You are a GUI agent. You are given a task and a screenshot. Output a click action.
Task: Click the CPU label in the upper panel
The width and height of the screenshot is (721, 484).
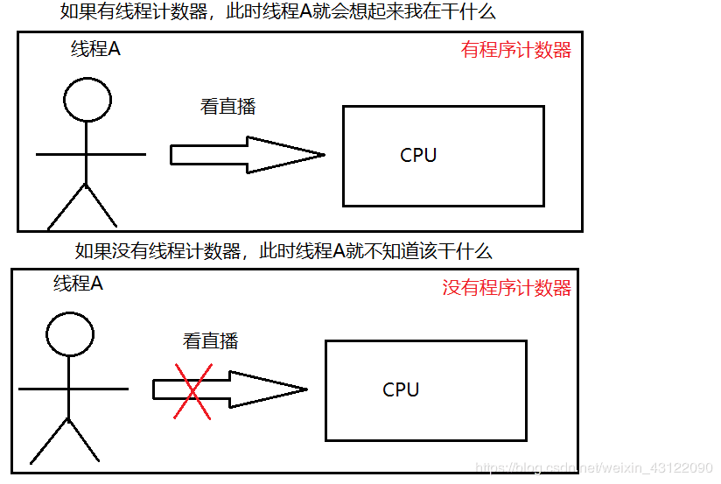418,156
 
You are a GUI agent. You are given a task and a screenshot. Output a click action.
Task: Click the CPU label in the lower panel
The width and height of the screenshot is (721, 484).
401,390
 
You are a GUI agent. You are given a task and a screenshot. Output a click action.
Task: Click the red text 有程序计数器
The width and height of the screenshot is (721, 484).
515,50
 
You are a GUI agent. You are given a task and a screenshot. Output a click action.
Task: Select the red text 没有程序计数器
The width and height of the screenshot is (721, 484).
507,288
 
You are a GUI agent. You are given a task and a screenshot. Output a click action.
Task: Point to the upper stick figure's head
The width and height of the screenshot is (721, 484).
87,99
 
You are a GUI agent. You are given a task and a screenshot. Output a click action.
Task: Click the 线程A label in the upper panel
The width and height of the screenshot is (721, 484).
95,50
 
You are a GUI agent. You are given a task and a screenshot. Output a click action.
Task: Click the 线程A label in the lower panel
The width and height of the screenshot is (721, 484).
78,284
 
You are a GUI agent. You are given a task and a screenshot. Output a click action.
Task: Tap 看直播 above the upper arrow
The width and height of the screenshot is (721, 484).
227,108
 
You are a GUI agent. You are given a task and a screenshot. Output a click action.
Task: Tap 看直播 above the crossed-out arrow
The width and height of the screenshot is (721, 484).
210,341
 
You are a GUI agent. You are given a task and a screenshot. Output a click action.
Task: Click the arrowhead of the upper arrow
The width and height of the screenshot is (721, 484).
289,156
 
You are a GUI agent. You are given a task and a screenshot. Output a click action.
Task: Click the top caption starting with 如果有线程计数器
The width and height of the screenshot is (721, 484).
278,13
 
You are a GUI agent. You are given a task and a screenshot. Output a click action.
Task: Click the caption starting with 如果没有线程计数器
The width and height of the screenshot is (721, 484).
283,252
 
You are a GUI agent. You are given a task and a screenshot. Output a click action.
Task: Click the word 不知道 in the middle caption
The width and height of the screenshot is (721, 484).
387,252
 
